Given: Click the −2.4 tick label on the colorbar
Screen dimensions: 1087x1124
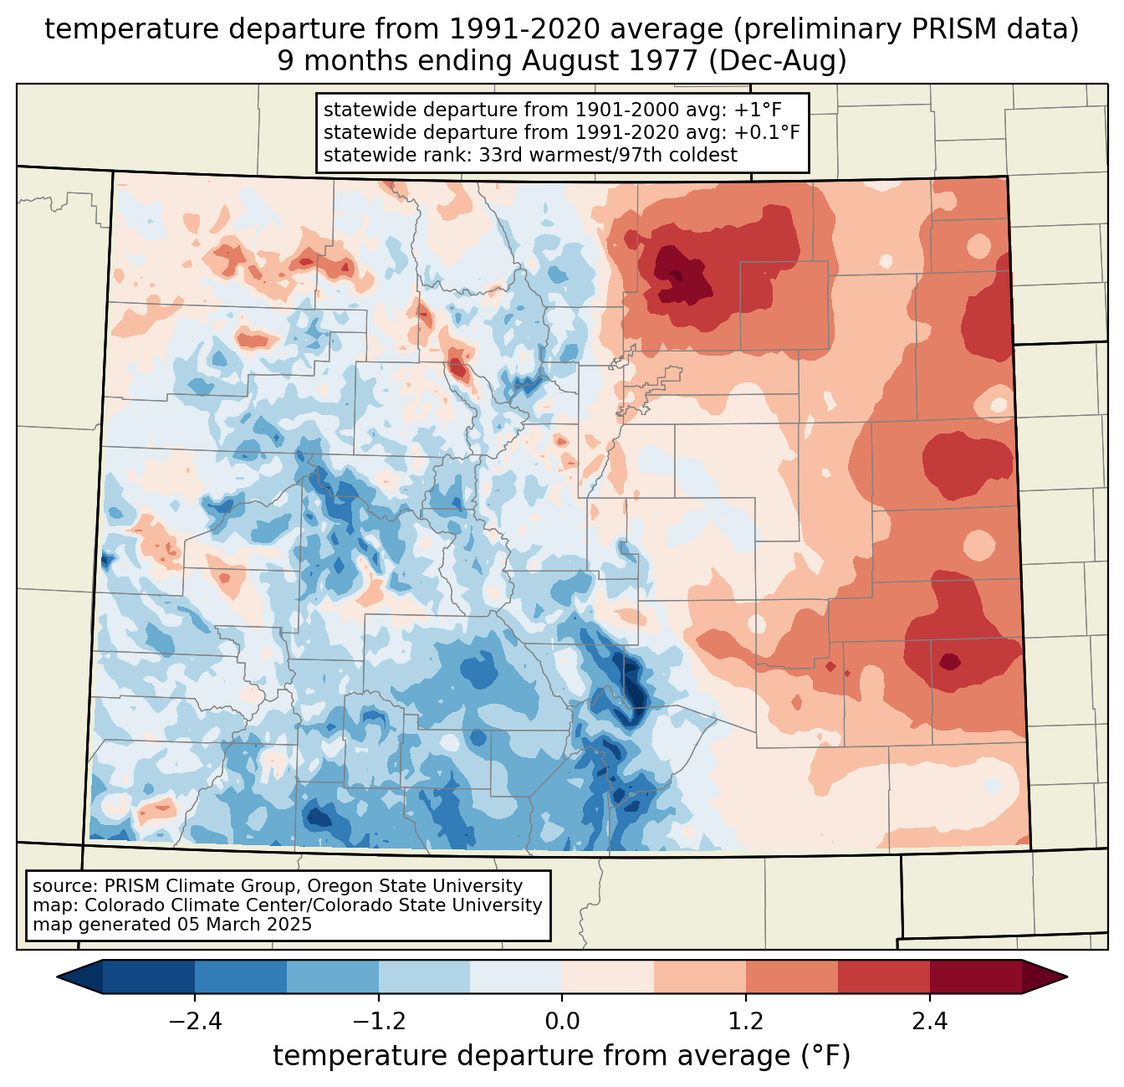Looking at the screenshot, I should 194,1022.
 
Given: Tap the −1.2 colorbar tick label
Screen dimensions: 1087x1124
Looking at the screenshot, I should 378,1022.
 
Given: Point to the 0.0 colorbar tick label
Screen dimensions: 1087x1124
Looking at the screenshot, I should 562,1022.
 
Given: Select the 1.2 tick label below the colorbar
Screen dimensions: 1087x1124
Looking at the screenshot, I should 746,1022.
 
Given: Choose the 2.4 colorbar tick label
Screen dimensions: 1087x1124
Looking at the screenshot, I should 930,1022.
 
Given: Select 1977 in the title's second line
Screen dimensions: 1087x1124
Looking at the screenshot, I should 668,61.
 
